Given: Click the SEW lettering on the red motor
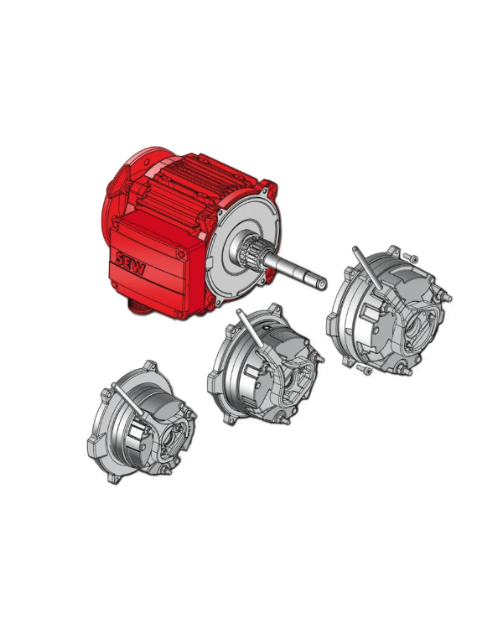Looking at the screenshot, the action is coord(131,263).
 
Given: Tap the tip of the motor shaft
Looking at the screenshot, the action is coord(324,283).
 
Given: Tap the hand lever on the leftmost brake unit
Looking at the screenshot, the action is coord(128,400).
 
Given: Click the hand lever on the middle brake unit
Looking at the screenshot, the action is coord(250,329).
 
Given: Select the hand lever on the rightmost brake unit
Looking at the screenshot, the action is coord(367,268).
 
